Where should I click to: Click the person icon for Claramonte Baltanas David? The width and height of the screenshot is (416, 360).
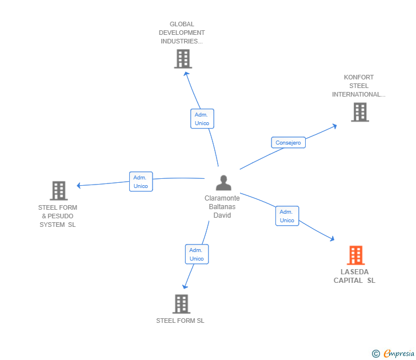click(x=223, y=183)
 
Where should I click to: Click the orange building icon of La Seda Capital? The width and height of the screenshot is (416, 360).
click(x=355, y=255)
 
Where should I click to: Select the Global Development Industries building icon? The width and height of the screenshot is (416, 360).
click(x=183, y=59)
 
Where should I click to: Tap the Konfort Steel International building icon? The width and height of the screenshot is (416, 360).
click(x=359, y=112)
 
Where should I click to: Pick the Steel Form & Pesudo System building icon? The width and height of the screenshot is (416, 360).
click(x=58, y=191)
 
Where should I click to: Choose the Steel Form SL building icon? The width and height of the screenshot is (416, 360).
click(x=181, y=304)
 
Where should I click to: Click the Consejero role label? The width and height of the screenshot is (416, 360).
click(x=288, y=143)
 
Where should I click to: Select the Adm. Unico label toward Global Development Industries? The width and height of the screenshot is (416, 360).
click(x=202, y=119)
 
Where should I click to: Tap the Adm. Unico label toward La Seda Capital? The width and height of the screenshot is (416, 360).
click(x=287, y=216)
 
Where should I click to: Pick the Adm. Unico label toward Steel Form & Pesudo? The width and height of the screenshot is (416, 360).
click(x=141, y=182)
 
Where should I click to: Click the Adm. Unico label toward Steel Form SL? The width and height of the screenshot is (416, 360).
click(x=197, y=254)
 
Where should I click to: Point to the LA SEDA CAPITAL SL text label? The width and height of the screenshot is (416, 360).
click(x=354, y=276)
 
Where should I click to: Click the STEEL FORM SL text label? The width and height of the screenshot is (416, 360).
click(x=180, y=321)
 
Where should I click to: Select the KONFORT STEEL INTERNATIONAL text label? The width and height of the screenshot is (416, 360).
click(x=359, y=86)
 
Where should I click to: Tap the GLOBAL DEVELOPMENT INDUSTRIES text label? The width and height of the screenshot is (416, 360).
click(x=182, y=33)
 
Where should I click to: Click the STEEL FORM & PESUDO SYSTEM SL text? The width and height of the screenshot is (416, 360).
click(x=58, y=216)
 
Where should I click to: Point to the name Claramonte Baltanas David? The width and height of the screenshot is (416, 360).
click(x=222, y=207)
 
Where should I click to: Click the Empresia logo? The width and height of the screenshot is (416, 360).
click(x=398, y=354)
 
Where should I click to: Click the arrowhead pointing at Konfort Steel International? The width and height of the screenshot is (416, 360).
click(x=334, y=126)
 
